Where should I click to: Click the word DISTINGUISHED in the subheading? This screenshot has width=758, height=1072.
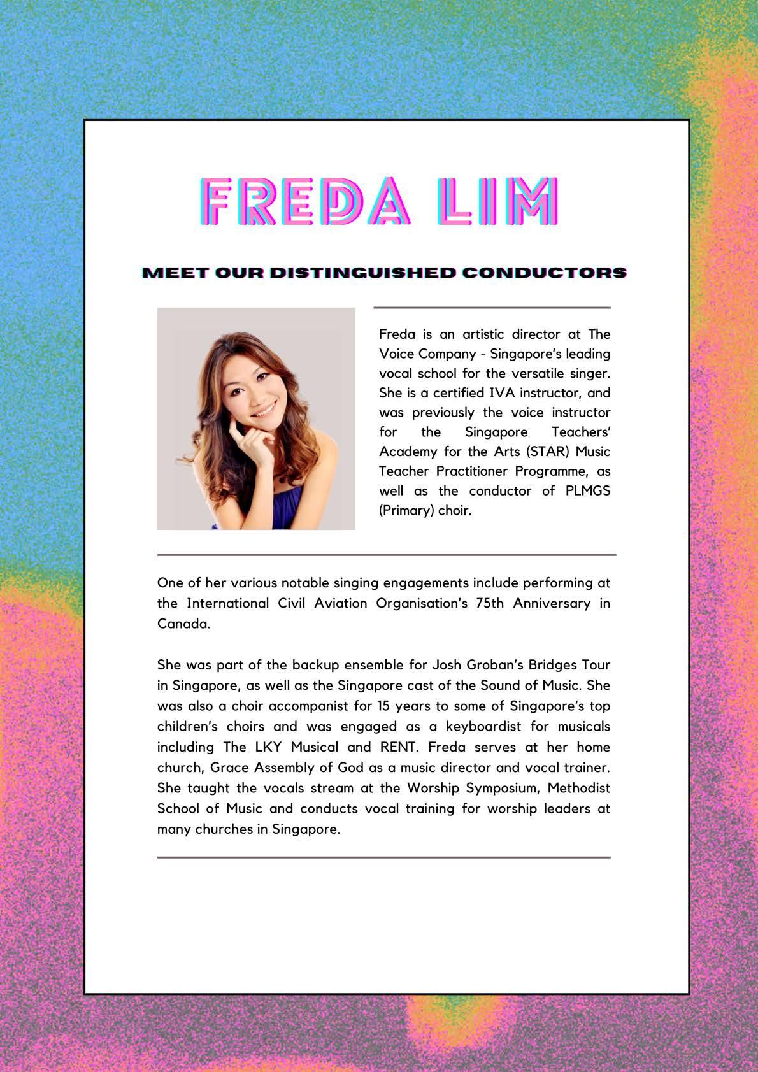pos(362,273)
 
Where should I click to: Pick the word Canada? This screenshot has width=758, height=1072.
pos(183,624)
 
